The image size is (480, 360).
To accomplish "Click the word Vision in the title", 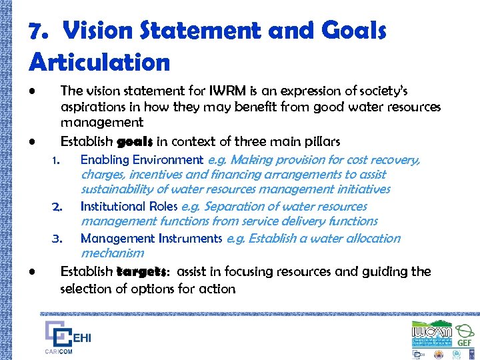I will click(99, 31).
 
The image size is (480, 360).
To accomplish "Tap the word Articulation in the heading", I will click(99, 62).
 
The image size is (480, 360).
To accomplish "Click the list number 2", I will click(57, 207).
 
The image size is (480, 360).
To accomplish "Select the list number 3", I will click(57, 239).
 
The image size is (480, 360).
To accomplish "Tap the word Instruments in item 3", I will click(190, 239).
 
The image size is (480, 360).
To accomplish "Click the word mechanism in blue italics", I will click(112, 253).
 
